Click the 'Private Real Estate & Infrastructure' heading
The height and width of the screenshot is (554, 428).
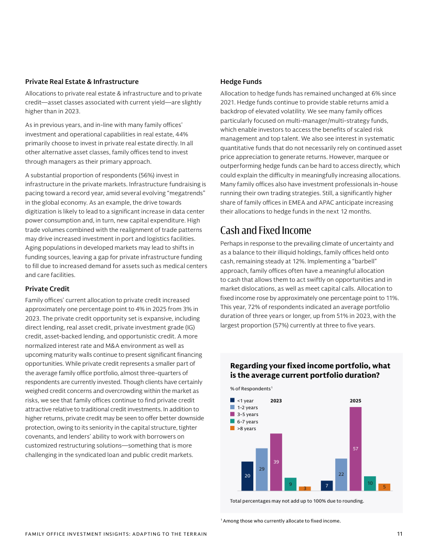pyautogui.click(x=82, y=81)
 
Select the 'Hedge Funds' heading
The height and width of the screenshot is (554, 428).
pyautogui.click(x=241, y=81)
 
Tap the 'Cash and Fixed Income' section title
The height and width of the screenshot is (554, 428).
pyautogui.click(x=265, y=230)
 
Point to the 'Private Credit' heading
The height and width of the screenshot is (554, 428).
pyautogui.click(x=47, y=289)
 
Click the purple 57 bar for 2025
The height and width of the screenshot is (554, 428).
pyautogui.click(x=356, y=449)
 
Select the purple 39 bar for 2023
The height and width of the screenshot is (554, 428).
pyautogui.click(x=276, y=462)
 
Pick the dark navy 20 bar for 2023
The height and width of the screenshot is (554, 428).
pyautogui.click(x=248, y=476)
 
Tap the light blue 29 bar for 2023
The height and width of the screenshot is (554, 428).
pyautogui.click(x=262, y=469)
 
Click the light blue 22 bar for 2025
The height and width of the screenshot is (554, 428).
pyautogui.click(x=341, y=474)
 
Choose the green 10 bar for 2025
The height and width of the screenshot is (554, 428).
pyautogui.click(x=370, y=483)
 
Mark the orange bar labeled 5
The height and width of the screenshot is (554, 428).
pyautogui.click(x=384, y=487)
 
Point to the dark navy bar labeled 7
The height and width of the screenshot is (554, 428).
pyautogui.click(x=327, y=486)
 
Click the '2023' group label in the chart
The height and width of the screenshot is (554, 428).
pyautogui.click(x=276, y=401)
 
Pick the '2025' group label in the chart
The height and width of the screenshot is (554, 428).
pyautogui.click(x=356, y=401)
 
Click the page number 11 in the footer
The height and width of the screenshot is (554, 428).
pyautogui.click(x=400, y=534)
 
